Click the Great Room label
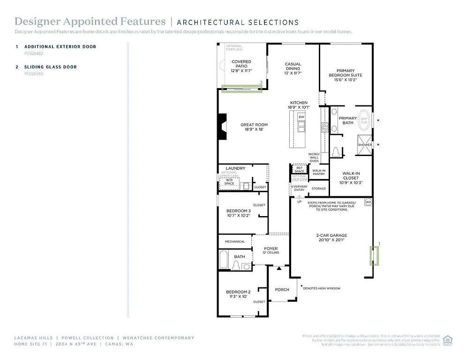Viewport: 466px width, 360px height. pos(254,127)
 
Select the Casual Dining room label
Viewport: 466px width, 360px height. pos(293,68)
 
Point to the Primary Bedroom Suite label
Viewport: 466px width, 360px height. pos(346,75)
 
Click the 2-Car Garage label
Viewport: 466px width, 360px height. pos(331,238)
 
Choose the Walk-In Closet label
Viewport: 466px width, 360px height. pos(351,178)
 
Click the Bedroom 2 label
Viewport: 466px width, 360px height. pos(238,294)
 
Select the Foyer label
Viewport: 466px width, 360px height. pos(271,250)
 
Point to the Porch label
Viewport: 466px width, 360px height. pos(282,290)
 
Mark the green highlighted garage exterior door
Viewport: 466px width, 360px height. pos(375,255)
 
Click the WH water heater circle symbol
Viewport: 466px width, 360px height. pos(368,202)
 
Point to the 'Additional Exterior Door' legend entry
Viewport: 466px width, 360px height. pos(60,47)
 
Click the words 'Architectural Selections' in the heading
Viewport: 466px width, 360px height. pos(238,22)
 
